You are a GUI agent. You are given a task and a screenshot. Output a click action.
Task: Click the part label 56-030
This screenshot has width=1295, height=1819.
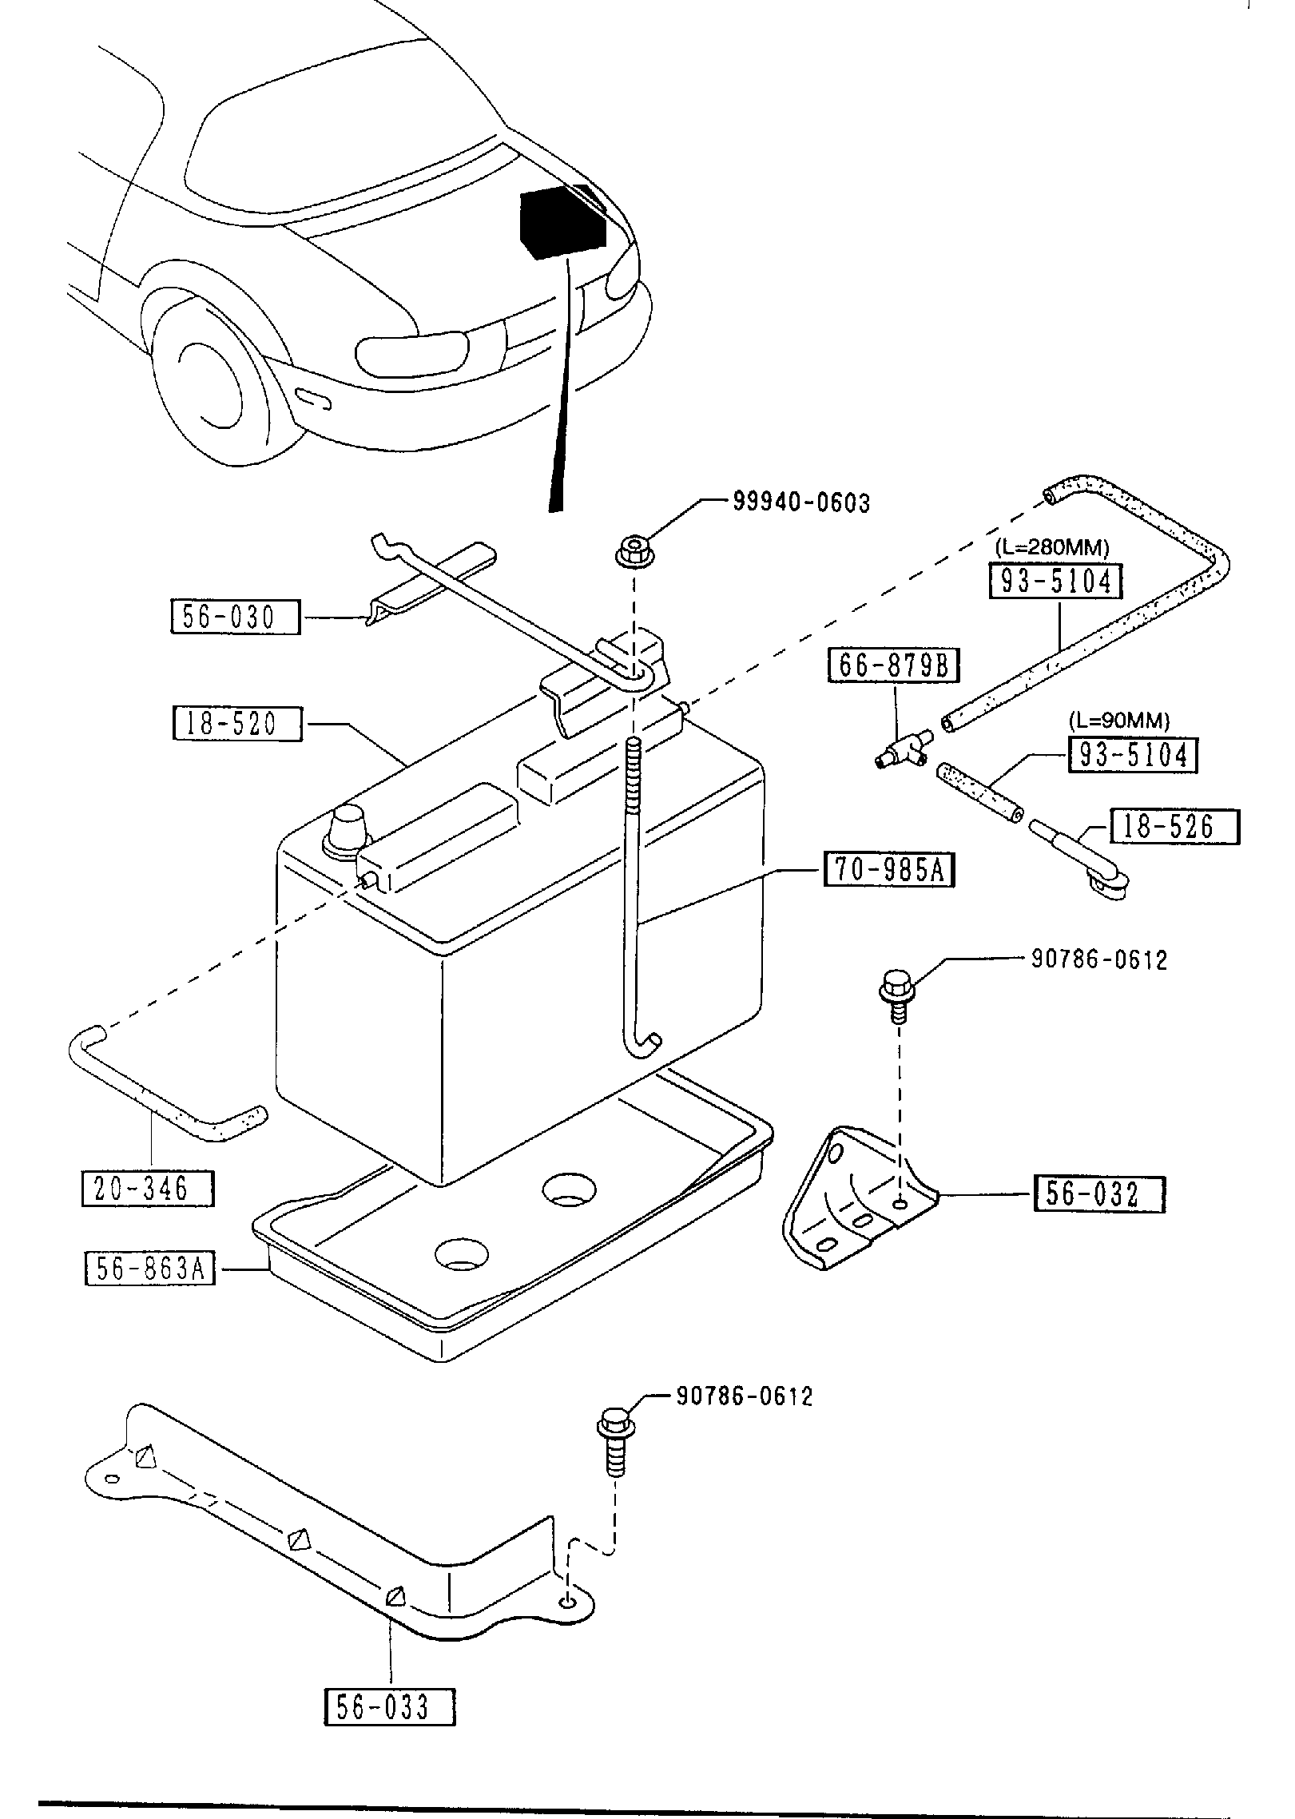[x=235, y=618]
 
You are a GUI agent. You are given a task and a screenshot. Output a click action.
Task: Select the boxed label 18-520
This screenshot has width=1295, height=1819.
[x=237, y=724]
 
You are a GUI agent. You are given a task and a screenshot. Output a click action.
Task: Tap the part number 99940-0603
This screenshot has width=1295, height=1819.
[x=801, y=502]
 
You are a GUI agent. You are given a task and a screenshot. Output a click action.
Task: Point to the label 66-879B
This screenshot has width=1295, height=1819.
[x=894, y=665]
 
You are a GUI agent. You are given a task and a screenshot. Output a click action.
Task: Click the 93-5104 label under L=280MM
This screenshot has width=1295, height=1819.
[x=1055, y=582]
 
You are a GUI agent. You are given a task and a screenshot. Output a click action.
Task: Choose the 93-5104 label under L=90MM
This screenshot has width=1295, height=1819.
[x=1133, y=755]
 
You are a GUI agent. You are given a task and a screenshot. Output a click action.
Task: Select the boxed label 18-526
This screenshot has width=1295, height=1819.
[x=1174, y=827]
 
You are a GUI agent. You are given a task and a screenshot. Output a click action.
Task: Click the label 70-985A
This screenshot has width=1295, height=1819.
[x=889, y=870]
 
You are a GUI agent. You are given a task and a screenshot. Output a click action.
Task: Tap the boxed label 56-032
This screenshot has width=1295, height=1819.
[x=1099, y=1194]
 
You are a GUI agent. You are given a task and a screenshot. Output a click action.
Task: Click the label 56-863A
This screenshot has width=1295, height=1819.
[x=150, y=1269]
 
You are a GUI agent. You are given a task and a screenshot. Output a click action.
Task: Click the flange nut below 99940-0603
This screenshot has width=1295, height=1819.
[x=634, y=552]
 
